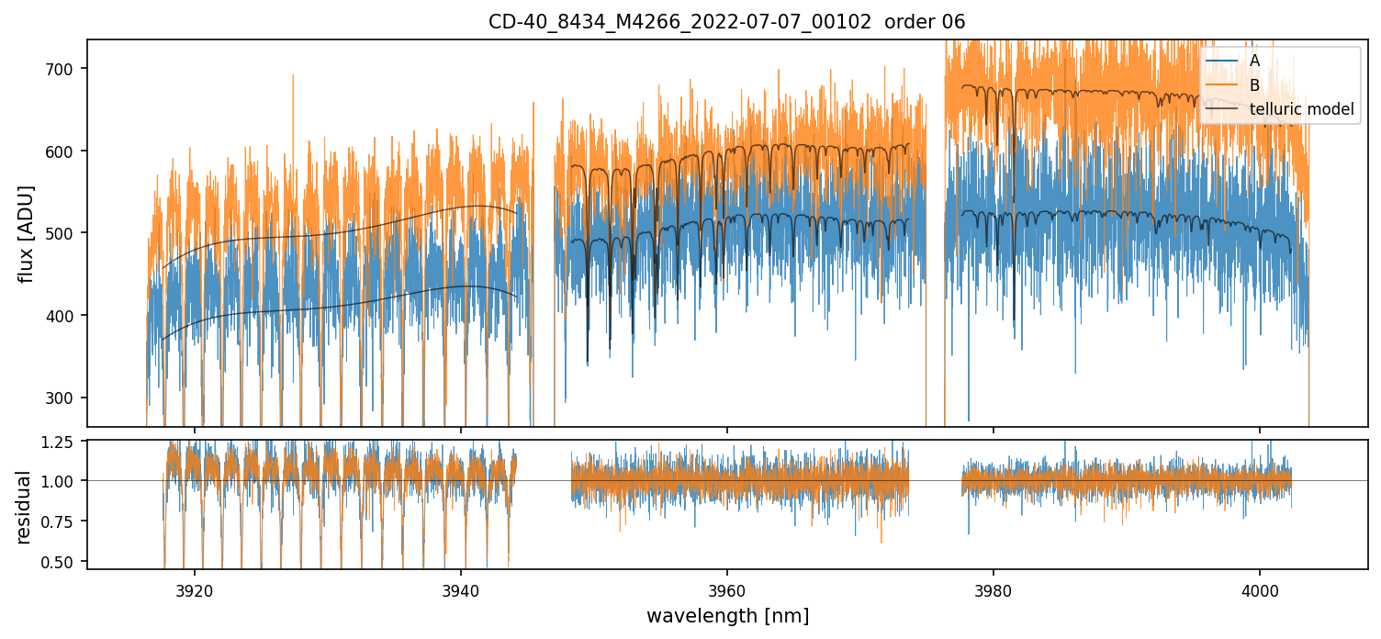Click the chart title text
(x=726, y=22)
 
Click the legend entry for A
(x=1255, y=61)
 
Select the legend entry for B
(x=1255, y=85)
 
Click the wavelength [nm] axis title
(x=727, y=616)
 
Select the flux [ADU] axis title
(x=27, y=233)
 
